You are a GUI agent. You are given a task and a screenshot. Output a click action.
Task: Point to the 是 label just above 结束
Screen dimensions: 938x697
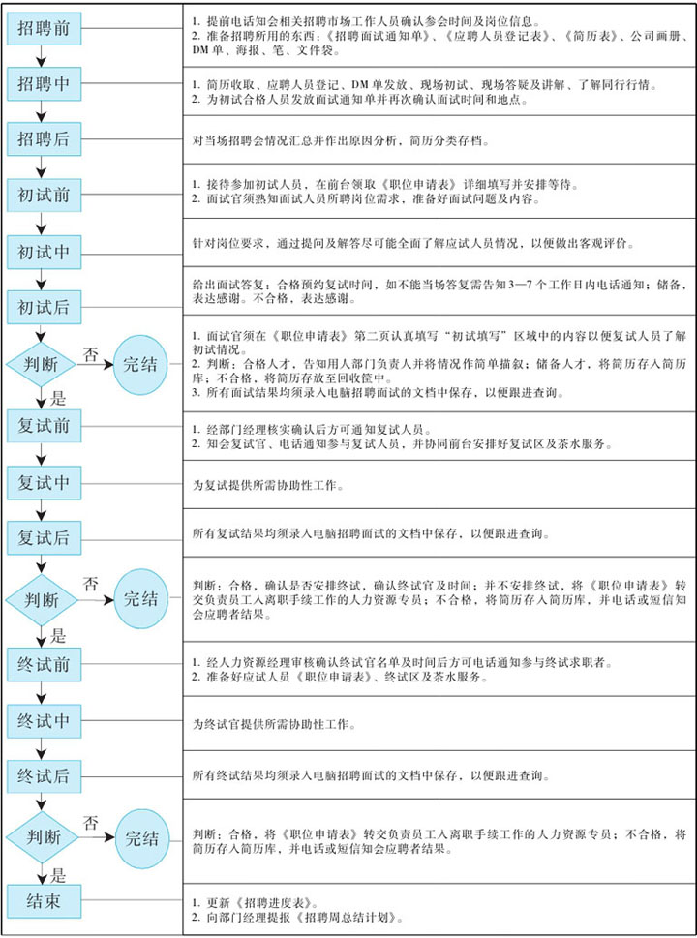coord(59,876)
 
